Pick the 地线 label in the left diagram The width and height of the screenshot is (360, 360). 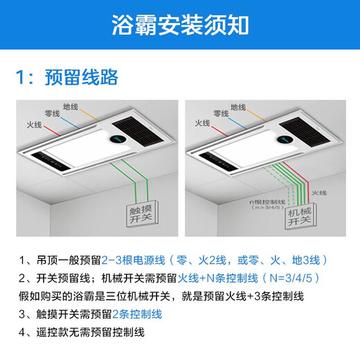71,107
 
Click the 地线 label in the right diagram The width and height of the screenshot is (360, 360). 237,107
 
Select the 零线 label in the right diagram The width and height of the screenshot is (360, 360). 220,112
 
